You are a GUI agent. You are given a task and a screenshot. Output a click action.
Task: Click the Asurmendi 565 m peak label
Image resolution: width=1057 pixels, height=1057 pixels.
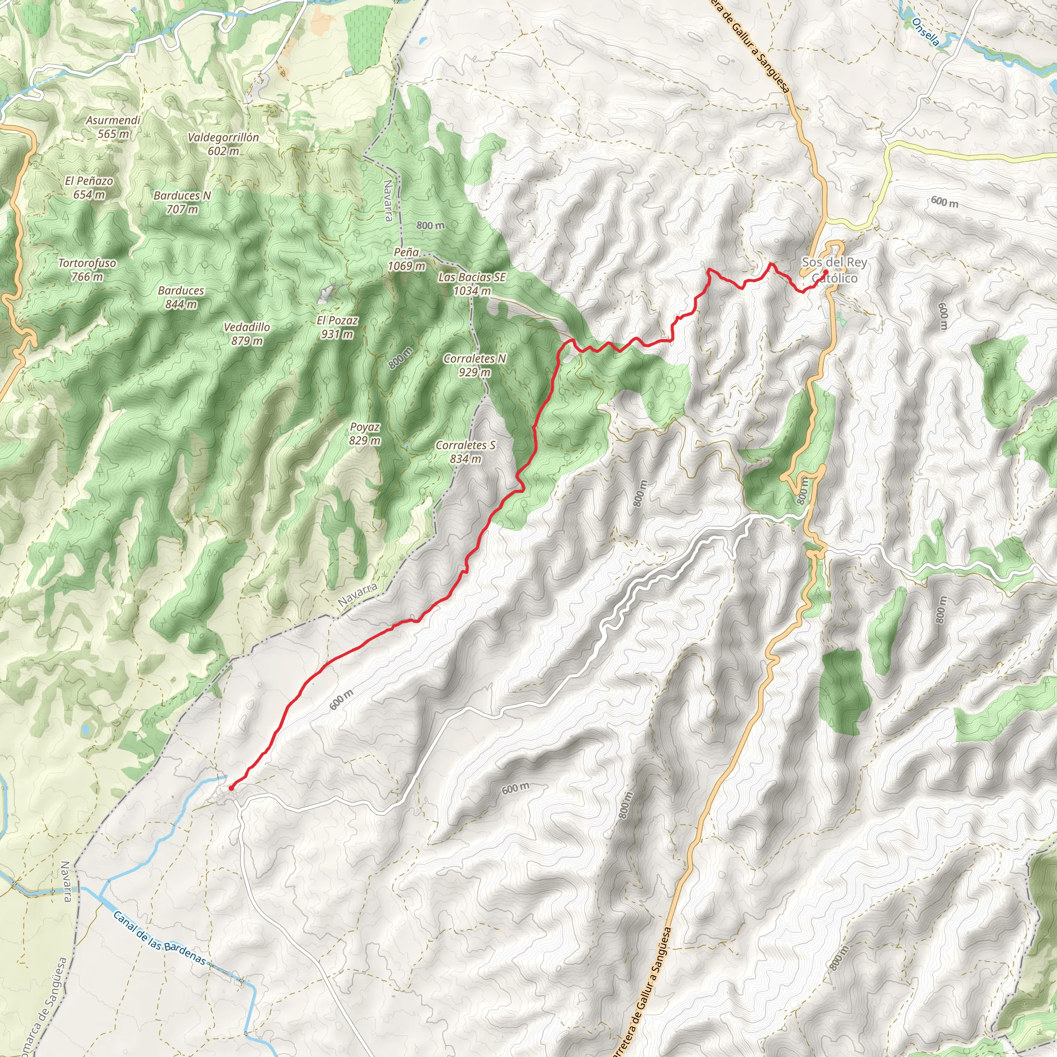tap(113, 127)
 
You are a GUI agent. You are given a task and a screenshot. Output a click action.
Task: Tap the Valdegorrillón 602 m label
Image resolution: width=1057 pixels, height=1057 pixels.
tap(223, 144)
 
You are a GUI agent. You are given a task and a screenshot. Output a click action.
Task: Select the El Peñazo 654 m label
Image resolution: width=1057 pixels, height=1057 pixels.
tap(89, 187)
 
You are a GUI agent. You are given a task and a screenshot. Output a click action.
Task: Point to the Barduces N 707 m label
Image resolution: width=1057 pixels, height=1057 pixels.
tap(182, 202)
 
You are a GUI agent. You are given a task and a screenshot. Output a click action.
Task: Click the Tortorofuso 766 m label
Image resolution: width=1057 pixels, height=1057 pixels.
tap(88, 270)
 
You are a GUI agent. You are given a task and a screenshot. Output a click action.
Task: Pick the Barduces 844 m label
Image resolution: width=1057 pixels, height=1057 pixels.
tap(181, 297)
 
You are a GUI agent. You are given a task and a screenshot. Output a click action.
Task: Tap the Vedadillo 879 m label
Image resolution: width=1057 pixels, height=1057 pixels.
tap(247, 334)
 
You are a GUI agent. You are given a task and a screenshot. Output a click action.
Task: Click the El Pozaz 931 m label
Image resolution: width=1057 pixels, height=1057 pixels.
tap(337, 327)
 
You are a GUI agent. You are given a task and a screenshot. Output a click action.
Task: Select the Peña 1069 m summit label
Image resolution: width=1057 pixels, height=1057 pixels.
tap(407, 259)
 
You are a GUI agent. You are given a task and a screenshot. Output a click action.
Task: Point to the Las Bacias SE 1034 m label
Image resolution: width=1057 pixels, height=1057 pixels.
tap(472, 284)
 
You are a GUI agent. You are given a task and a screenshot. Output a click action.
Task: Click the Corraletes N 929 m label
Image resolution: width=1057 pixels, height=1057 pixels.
tap(475, 365)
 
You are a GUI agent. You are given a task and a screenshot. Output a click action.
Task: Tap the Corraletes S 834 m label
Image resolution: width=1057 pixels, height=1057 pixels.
tap(466, 452)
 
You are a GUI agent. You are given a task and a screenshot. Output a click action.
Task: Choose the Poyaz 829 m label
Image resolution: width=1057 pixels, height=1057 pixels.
tap(364, 434)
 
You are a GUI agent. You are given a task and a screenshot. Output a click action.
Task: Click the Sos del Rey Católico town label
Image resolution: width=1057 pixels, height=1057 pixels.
tap(835, 270)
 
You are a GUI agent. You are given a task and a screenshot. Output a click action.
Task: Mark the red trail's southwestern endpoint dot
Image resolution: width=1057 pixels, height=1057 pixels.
tap(231, 788)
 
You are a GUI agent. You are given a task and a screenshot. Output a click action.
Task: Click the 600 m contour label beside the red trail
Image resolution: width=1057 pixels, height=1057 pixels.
tap(342, 700)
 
